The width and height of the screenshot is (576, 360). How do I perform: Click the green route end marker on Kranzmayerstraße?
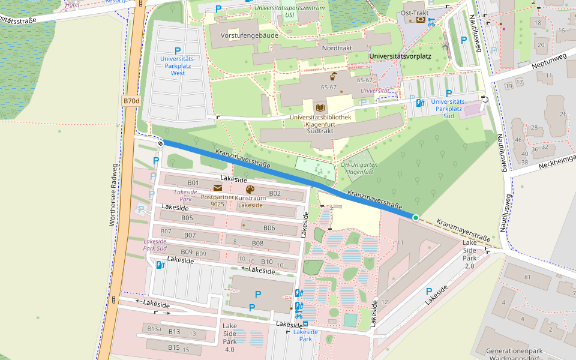(x=415, y=217)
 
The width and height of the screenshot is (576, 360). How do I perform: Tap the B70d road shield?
(x=131, y=101)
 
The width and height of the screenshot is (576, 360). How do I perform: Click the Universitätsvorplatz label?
(x=401, y=56)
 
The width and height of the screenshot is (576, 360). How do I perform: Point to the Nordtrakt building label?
(x=337, y=47)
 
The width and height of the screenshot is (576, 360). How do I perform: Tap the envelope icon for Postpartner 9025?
(x=217, y=188)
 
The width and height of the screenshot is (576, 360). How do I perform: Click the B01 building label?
(x=193, y=182)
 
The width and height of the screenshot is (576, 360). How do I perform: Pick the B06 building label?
(x=269, y=228)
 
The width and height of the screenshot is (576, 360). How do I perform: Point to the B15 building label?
(x=174, y=347)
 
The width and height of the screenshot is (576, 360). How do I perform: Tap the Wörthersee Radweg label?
(x=112, y=195)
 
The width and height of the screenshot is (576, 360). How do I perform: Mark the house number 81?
(x=528, y=277)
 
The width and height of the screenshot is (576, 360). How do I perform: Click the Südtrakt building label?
(x=320, y=130)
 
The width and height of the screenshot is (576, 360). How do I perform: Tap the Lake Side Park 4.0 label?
(x=230, y=337)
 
